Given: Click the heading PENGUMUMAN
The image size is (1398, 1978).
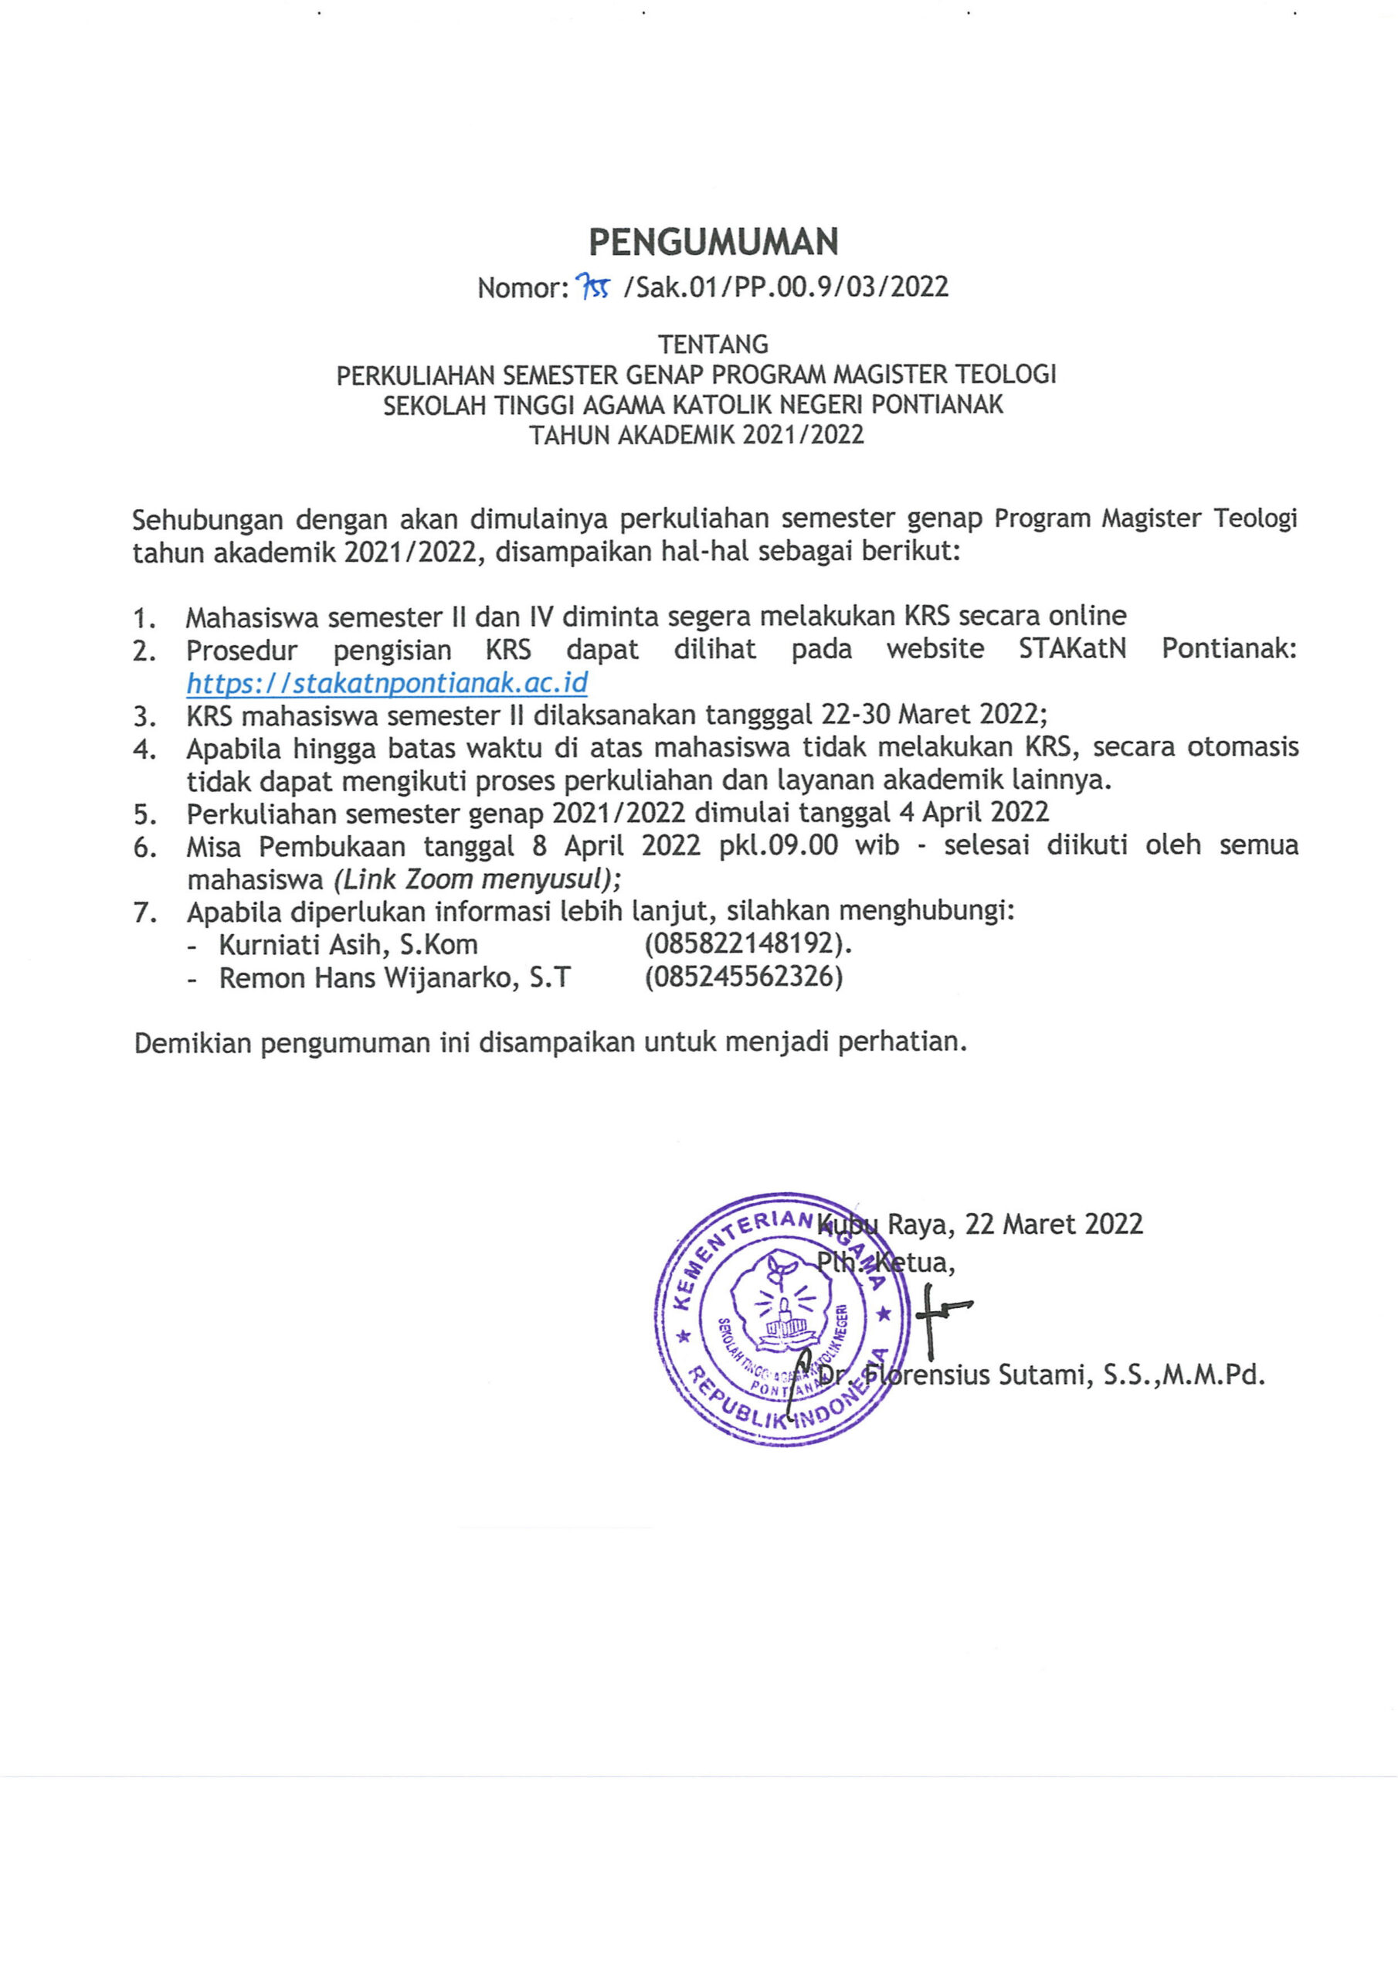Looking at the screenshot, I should pos(713,243).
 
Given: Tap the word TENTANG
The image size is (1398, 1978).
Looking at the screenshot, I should pos(712,345).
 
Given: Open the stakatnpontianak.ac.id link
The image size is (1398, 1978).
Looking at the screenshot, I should pos(387,683).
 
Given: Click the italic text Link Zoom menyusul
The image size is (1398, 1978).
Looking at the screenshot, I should pos(477,879).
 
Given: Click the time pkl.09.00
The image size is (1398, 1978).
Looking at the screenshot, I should pos(778,845).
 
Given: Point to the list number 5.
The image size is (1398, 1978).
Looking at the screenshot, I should pos(144,814).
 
